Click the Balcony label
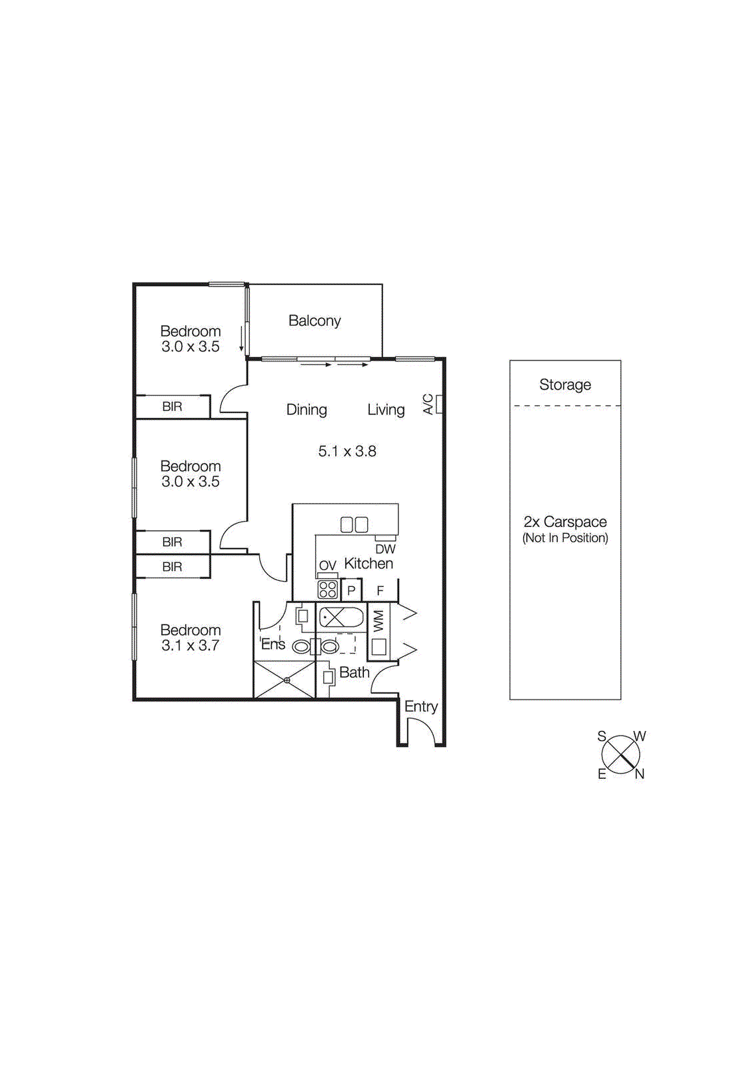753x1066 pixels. [315, 321]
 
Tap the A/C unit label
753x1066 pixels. [428, 404]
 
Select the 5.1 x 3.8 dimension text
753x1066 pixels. [347, 452]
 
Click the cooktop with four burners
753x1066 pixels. [327, 590]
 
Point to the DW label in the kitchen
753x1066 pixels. [385, 550]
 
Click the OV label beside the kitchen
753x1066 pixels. [327, 566]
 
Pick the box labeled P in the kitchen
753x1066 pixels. [351, 591]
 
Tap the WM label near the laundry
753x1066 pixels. [378, 621]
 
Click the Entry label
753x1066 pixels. [420, 707]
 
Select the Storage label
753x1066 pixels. [565, 385]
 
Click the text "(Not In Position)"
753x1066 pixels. [565, 538]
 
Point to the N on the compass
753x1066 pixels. [640, 774]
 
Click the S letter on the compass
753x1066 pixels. [602, 736]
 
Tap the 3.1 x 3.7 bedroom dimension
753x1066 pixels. [190, 646]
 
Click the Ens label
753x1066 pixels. [273, 644]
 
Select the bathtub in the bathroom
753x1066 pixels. [341, 618]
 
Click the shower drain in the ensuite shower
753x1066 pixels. [287, 680]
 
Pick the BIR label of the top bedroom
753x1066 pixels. [172, 407]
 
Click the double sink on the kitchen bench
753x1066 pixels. [354, 525]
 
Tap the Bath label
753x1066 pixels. [354, 673]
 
